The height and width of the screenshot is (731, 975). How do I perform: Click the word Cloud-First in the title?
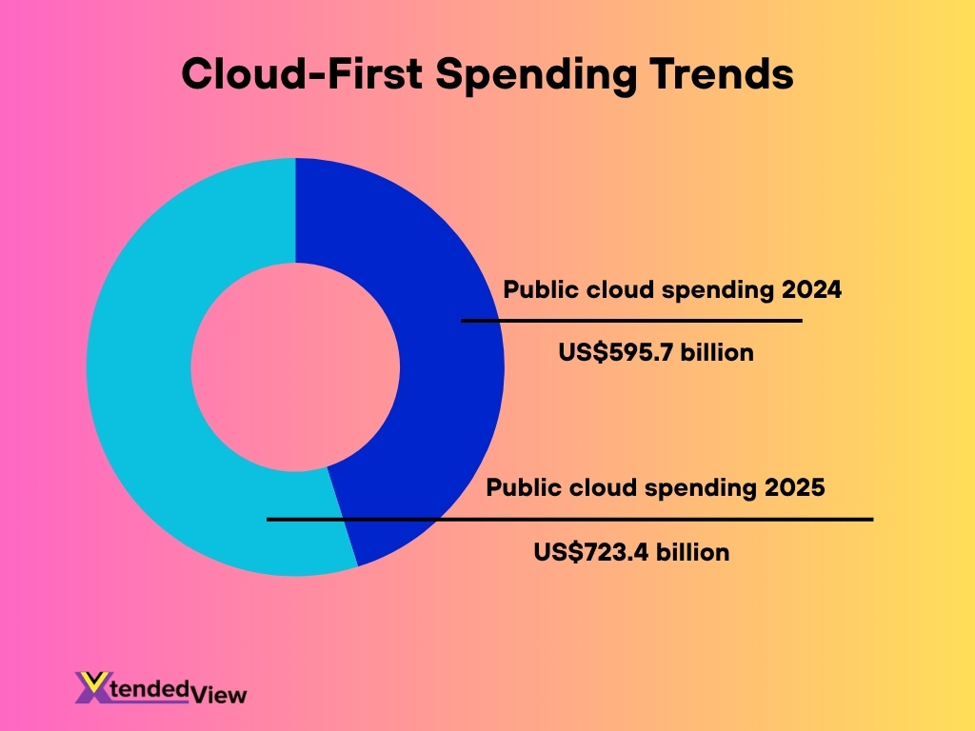(301, 74)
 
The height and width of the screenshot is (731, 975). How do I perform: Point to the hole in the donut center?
(295, 366)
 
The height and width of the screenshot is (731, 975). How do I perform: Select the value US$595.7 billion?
(655, 353)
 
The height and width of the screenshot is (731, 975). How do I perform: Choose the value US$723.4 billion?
(631, 552)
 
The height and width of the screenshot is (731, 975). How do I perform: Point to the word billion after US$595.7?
(713, 353)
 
